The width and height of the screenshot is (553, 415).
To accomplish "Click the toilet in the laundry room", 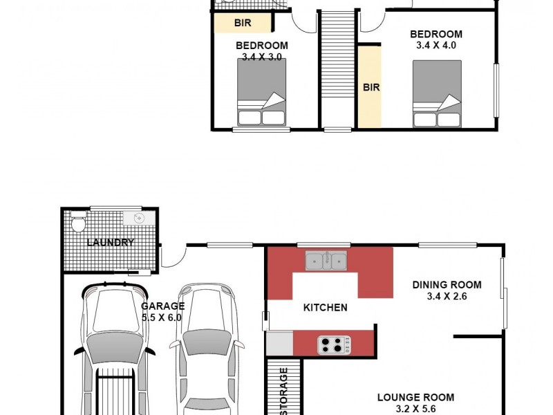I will [x=78, y=223].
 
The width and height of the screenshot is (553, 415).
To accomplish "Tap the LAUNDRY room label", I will [x=110, y=243].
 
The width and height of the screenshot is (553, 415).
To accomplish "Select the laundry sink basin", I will [x=137, y=219].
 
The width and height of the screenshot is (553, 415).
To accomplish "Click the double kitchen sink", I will [x=327, y=261].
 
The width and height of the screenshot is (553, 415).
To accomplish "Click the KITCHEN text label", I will [x=325, y=308].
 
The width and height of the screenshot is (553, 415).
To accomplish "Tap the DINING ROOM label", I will [x=447, y=284].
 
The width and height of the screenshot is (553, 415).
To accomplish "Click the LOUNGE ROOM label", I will [x=415, y=397].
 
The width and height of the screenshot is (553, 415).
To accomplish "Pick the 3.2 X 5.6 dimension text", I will [x=415, y=409].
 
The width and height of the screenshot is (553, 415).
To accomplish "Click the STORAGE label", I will [x=283, y=391].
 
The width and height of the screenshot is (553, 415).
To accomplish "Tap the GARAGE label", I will [x=162, y=306].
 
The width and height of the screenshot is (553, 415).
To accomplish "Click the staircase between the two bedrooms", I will [x=337, y=69].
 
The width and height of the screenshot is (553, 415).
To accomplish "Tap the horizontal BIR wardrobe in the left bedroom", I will [x=242, y=23].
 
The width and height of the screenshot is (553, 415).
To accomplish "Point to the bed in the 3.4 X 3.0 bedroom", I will [x=261, y=92].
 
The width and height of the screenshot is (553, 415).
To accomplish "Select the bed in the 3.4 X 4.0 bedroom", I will [x=436, y=94].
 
